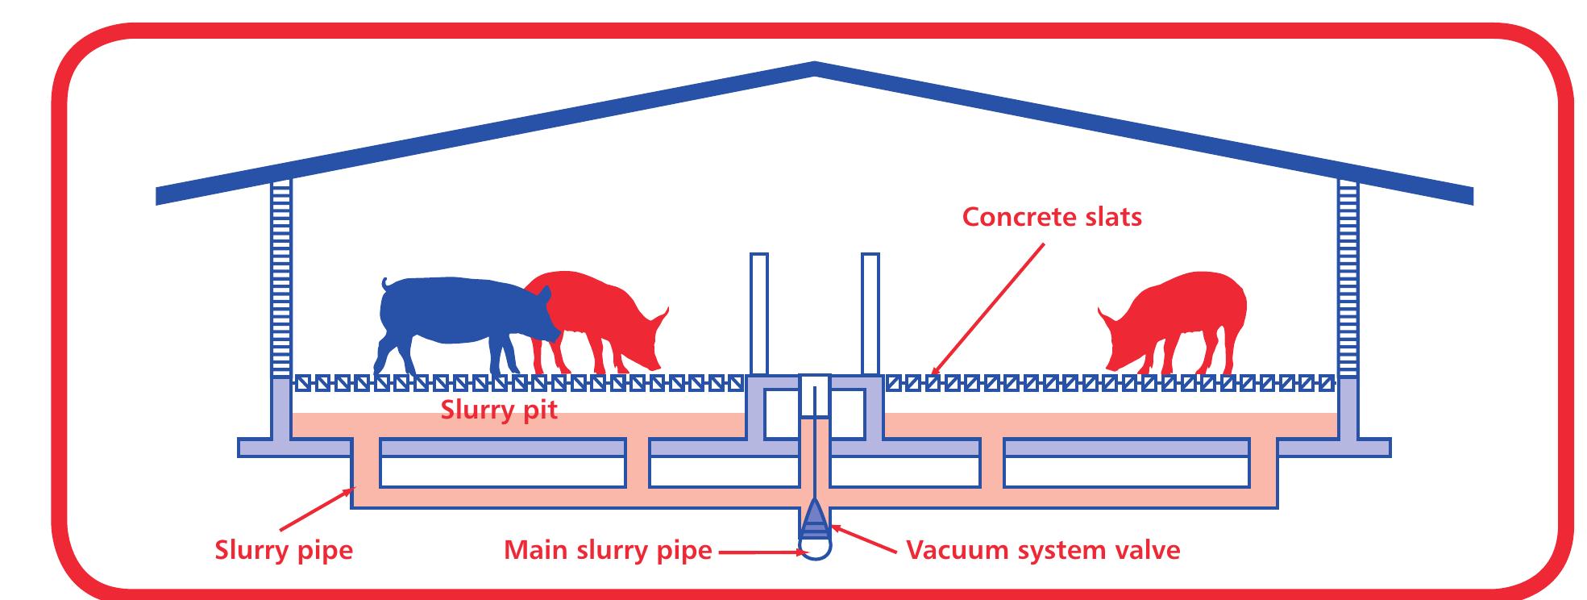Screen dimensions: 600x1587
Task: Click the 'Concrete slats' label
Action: [x=1051, y=217]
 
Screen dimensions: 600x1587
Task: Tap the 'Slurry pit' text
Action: [x=498, y=410]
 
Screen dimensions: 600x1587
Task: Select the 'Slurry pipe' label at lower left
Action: [x=284, y=550]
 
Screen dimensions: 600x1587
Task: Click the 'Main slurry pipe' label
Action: [x=608, y=550]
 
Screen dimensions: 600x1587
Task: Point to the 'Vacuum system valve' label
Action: [x=1043, y=550]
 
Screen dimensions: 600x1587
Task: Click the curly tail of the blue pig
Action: [x=385, y=284]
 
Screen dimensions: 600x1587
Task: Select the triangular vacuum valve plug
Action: [x=815, y=517]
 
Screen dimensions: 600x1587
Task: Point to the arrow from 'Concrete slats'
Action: [x=988, y=310]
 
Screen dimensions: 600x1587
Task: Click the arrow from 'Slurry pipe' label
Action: [x=315, y=509]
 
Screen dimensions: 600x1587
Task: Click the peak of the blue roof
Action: [x=814, y=68]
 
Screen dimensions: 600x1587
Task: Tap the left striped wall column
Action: [x=280, y=278]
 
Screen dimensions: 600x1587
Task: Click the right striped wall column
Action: [x=1348, y=278]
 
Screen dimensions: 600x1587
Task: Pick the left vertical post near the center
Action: [x=758, y=315]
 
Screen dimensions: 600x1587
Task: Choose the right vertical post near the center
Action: [x=870, y=315]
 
